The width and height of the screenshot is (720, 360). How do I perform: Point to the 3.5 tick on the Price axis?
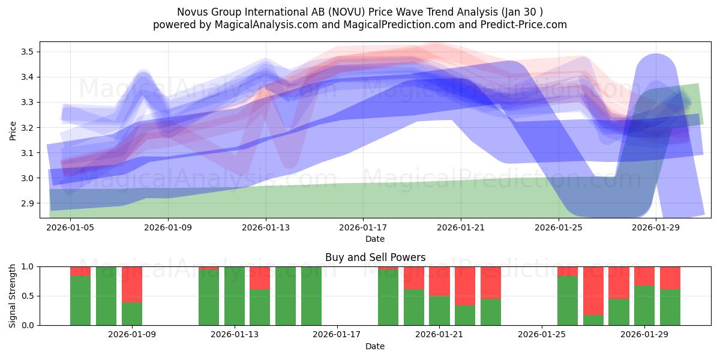[26, 52]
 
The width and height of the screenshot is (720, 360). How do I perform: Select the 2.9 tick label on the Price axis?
[26, 204]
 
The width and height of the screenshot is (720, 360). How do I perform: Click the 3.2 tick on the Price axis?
[26, 128]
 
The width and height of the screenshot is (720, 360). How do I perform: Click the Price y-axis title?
[13, 130]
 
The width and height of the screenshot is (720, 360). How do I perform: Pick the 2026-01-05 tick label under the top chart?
[71, 228]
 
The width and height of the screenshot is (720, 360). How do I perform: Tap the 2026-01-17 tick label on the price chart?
[364, 228]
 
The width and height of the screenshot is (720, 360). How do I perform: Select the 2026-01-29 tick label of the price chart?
[656, 228]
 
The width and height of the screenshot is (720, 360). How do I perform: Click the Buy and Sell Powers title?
[375, 257]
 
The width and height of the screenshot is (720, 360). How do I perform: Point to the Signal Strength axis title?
[13, 295]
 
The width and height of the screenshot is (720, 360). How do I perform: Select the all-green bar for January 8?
[106, 296]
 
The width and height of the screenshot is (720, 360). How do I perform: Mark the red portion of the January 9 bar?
[132, 284]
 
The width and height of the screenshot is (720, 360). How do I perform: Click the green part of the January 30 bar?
[670, 307]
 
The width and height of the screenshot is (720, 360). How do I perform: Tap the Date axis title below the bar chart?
[375, 346]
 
